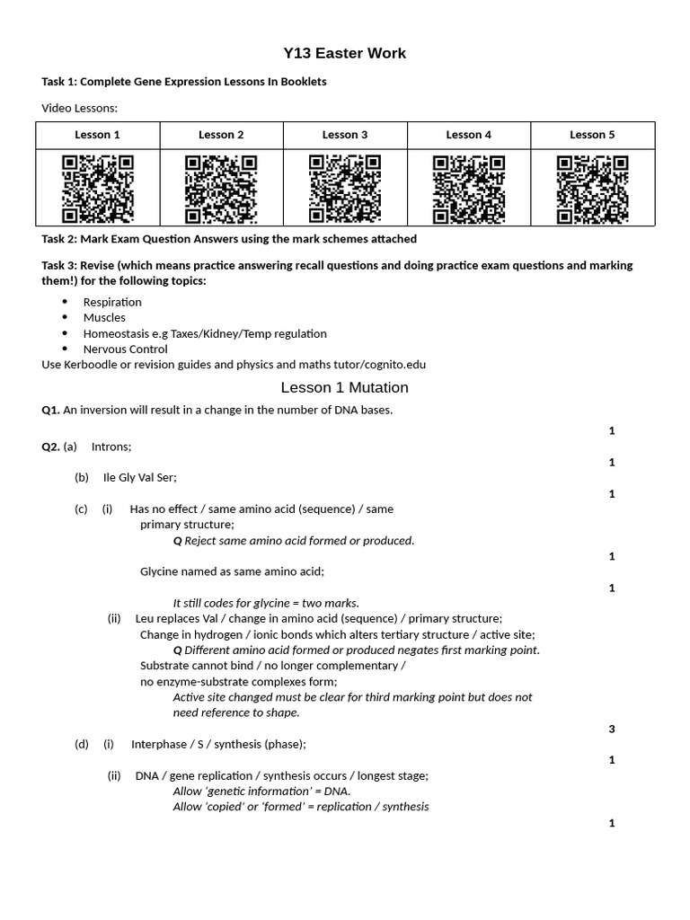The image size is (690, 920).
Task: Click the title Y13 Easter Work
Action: click(344, 54)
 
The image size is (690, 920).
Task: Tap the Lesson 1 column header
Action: click(98, 135)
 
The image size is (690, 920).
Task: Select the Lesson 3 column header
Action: click(345, 135)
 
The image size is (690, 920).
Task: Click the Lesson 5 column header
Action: click(592, 135)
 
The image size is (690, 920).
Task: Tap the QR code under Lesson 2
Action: click(221, 189)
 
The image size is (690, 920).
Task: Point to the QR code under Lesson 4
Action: click(468, 189)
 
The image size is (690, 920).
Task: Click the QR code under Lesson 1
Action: click(98, 189)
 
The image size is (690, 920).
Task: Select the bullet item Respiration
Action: click(112, 302)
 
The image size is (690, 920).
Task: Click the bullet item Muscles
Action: click(104, 317)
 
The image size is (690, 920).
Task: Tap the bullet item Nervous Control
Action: click(125, 349)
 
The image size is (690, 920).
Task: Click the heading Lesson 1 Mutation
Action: click(344, 388)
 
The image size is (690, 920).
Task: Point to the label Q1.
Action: click(50, 411)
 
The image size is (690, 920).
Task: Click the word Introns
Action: click(111, 447)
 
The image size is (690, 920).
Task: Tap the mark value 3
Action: click(612, 729)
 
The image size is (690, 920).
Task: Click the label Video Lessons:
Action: click(80, 109)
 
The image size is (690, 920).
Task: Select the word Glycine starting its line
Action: click(162, 571)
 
